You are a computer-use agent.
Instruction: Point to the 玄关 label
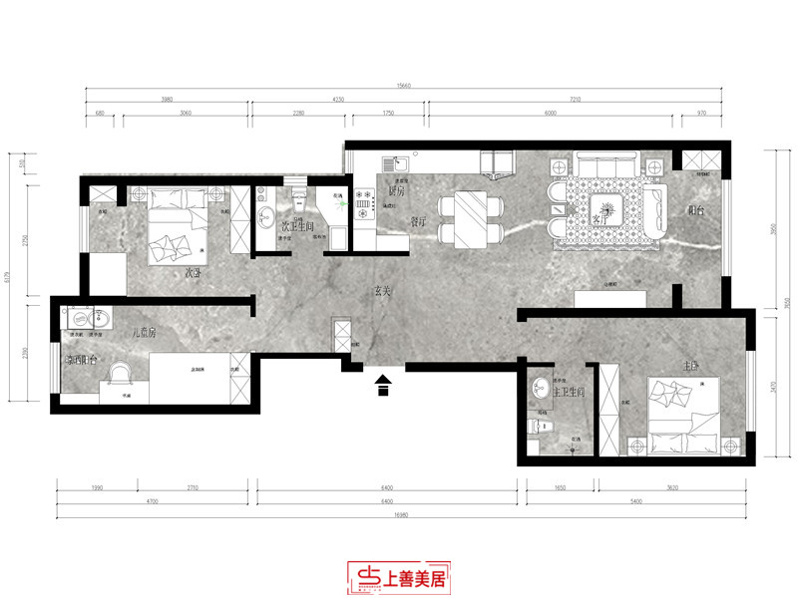tap(383, 292)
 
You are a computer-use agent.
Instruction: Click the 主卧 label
tap(690, 366)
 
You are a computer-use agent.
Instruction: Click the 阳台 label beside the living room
tap(696, 210)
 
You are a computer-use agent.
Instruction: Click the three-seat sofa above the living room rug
tap(603, 164)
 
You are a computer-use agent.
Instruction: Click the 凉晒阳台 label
tap(80, 360)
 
